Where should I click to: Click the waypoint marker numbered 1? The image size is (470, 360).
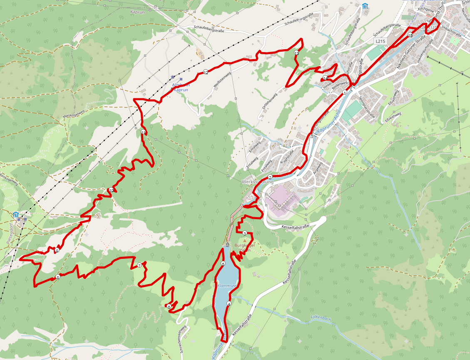[345, 93]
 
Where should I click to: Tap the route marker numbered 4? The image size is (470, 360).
[229, 303]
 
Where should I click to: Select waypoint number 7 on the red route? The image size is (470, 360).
[139, 265]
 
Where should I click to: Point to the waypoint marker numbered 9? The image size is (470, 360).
[56, 250]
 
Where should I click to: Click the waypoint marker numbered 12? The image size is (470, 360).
[206, 72]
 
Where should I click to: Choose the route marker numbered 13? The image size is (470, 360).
[296, 53]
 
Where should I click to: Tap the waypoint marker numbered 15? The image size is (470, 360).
[410, 36]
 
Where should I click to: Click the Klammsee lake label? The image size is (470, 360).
[226, 286]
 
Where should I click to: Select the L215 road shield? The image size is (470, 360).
[380, 41]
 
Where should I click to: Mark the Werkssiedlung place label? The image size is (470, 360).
[257, 182]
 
